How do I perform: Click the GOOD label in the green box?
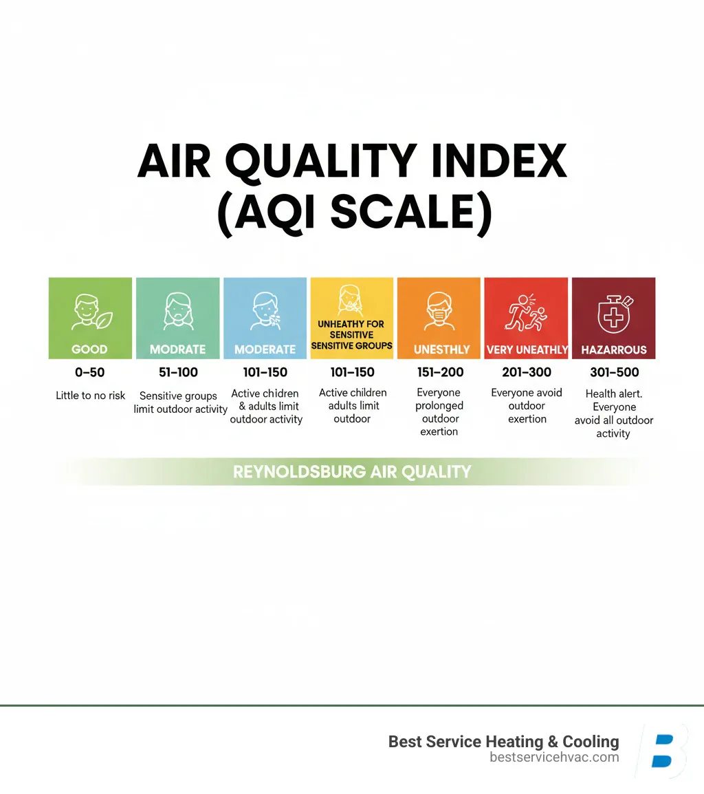(89, 349)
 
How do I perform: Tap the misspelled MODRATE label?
(177, 349)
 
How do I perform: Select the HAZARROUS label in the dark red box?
(614, 350)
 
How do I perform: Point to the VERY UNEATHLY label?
(527, 350)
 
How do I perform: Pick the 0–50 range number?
(90, 372)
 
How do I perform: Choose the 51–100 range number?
(177, 372)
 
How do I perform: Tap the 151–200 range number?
(440, 372)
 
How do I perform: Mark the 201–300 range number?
(527, 372)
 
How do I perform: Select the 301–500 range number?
(614, 372)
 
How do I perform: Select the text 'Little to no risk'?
(91, 396)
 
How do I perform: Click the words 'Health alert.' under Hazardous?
(614, 394)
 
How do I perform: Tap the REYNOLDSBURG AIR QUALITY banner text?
(352, 472)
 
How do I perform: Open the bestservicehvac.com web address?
(554, 758)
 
